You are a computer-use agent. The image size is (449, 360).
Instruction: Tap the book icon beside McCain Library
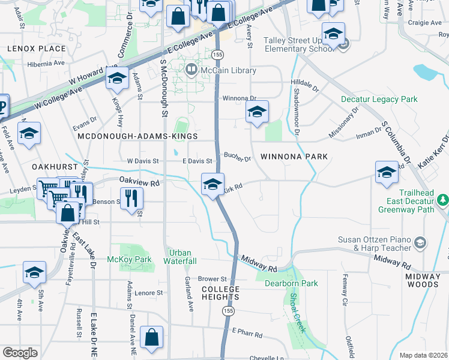[x=191, y=70]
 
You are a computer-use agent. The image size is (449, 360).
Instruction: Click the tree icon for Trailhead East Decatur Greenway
[x=443, y=199]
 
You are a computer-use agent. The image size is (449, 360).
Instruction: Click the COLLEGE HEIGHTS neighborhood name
[x=220, y=293]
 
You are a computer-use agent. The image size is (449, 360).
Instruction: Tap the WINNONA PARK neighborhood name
[x=294, y=157]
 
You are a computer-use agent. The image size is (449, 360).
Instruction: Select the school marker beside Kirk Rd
[x=212, y=184]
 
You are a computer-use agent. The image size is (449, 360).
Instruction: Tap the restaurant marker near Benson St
[x=131, y=198]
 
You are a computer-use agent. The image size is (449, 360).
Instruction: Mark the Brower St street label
[x=212, y=279]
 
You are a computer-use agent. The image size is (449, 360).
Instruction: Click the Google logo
[x=20, y=353]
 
